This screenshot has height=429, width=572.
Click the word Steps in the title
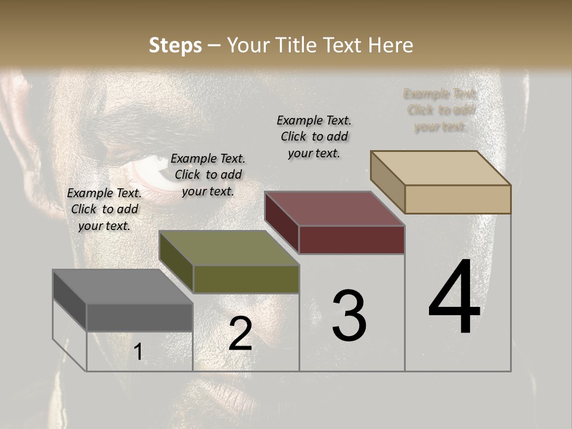tap(175, 45)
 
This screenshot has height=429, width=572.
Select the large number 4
tap(454, 298)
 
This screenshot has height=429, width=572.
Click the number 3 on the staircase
tap(349, 316)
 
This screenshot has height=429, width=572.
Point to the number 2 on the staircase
tap(240, 334)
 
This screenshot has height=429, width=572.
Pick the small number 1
tap(138, 352)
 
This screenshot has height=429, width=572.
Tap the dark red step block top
tap(334, 209)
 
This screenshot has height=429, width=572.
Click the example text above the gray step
tap(104, 209)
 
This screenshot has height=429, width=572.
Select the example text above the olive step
tap(208, 175)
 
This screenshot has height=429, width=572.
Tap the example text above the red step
tap(314, 136)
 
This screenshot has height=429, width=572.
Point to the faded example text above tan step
tap(440, 110)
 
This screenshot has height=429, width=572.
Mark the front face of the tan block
tap(458, 199)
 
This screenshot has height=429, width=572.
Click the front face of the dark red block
tap(352, 240)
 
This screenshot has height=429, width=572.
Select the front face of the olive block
tap(246, 279)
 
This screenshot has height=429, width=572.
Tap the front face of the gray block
tap(139, 317)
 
